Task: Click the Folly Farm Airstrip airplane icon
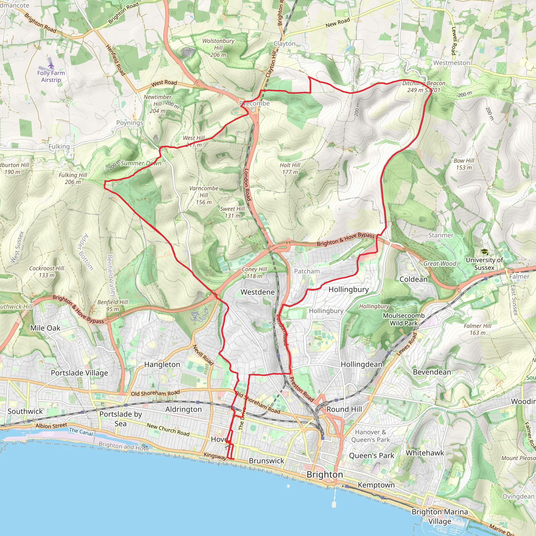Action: click(51, 65)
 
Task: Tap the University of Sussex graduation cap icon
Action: click(484, 252)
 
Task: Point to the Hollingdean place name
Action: click(361, 364)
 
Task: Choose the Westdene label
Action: click(258, 292)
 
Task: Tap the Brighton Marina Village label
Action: click(439, 516)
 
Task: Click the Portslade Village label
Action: click(79, 373)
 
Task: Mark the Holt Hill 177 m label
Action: click(290, 168)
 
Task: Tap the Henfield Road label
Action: click(116, 60)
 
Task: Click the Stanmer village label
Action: click(440, 235)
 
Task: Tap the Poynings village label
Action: click(130, 123)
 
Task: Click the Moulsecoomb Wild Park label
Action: click(404, 319)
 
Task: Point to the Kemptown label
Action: click(376, 485)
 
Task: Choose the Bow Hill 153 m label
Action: click(464, 164)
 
